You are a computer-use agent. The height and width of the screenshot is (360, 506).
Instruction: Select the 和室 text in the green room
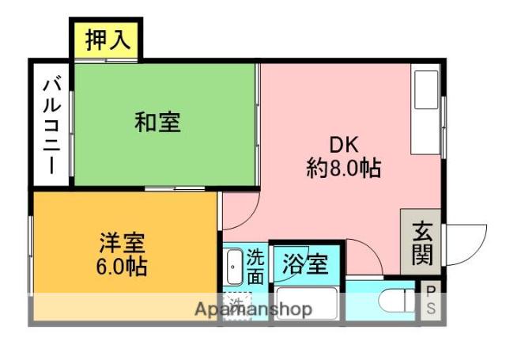tap(157, 123)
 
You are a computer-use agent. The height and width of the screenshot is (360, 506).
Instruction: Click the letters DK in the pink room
tap(344, 145)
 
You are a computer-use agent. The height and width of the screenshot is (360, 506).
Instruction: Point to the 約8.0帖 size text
tap(344, 168)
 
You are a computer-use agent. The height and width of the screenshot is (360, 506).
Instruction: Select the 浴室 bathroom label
tap(307, 263)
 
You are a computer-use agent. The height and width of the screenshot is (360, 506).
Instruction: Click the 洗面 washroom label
tap(255, 267)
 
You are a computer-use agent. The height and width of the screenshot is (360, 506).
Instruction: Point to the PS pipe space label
tap(431, 301)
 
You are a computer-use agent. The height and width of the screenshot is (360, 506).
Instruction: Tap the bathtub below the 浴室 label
tap(308, 305)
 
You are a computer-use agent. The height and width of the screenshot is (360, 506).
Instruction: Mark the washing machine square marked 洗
tap(236, 304)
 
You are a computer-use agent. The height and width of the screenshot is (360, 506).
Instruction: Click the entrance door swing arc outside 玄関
tap(464, 241)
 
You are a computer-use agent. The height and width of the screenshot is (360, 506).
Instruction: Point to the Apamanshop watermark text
tap(253, 309)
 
